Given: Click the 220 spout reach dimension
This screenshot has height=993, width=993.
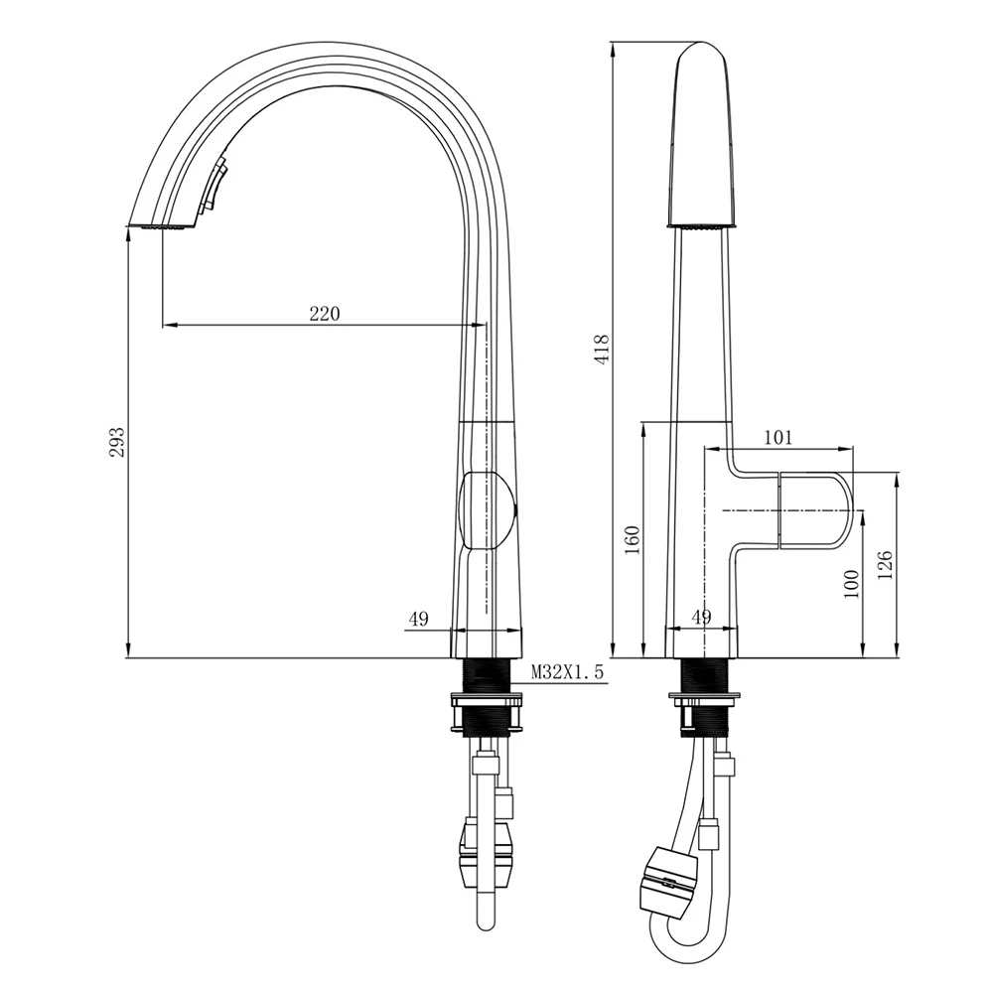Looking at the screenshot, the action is coord(325,314).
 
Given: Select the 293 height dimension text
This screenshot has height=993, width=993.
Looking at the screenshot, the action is coord(117,442).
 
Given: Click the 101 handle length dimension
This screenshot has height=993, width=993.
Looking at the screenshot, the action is coord(780,437).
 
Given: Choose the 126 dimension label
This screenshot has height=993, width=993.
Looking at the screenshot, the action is coord(887,564).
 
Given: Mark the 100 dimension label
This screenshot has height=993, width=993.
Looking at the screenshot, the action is coord(850,584).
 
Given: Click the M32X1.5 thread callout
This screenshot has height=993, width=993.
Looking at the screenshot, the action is coord(567,673).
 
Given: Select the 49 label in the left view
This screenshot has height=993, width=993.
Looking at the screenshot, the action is coord(417,620).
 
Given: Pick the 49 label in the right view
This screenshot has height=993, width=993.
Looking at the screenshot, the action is coord(701,618).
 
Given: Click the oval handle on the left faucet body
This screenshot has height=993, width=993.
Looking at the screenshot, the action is coord(489,510).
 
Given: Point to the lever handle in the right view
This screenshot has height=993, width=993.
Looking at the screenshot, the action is coord(812,509).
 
